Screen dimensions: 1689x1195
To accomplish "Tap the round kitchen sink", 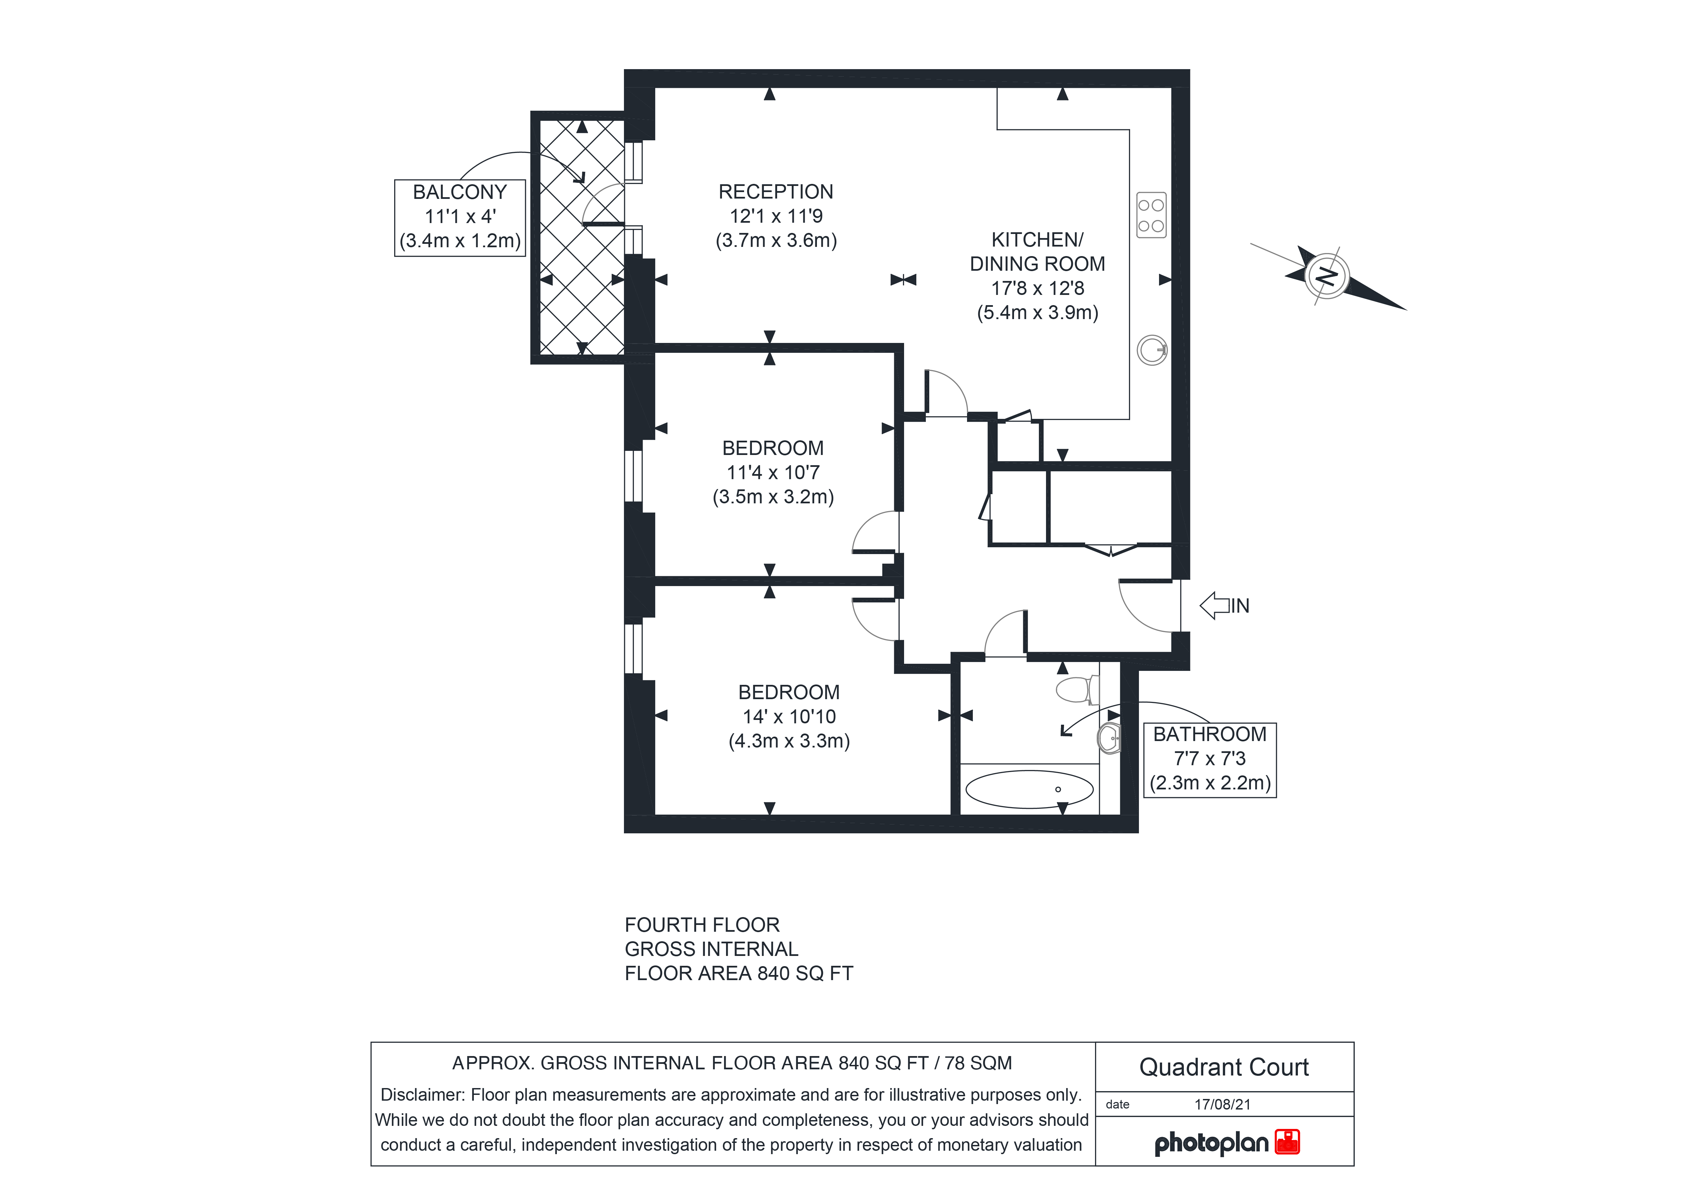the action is [x=1152, y=350].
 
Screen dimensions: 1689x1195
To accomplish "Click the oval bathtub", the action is [x=1029, y=789].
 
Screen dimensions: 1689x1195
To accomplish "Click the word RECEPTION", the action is [x=776, y=192].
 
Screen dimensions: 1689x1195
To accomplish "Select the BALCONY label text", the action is [x=460, y=192].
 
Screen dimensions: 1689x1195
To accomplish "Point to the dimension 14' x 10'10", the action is [x=789, y=717].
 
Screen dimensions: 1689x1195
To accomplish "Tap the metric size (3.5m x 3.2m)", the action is [x=773, y=497].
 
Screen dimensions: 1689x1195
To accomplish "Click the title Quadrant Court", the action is [x=1224, y=1067].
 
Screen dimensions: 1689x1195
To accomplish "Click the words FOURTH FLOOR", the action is [x=702, y=925].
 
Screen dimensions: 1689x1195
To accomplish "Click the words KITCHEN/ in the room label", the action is [x=1037, y=240].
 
